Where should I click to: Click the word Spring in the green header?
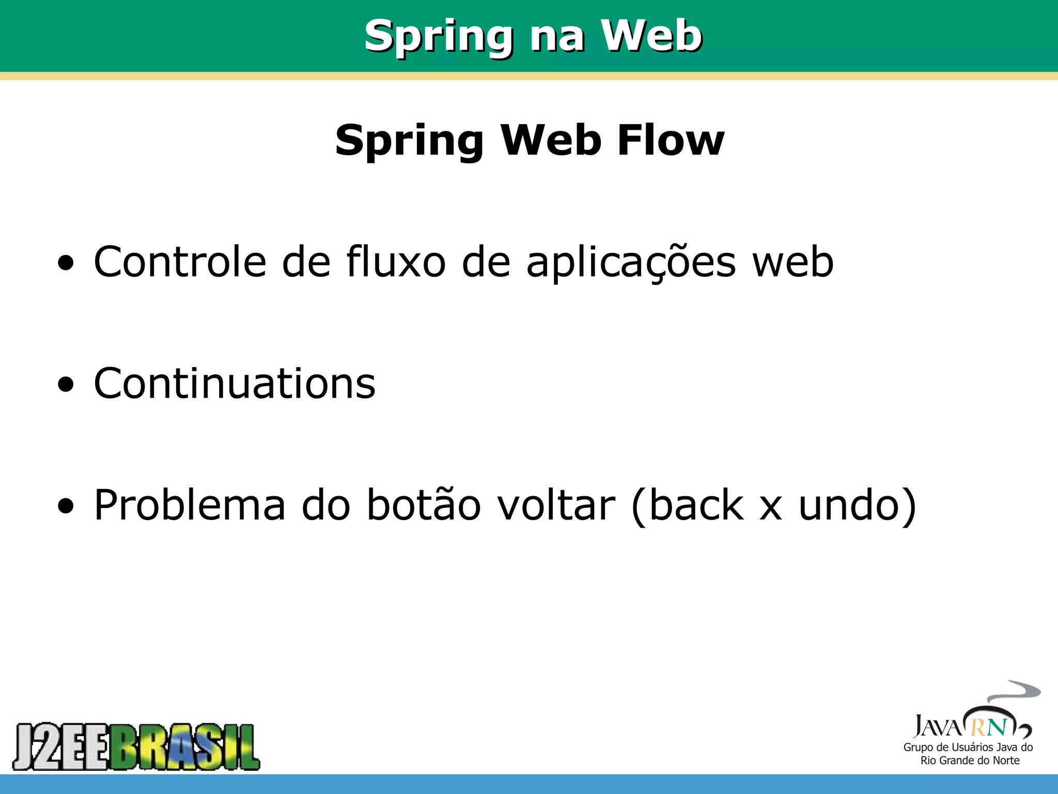439,36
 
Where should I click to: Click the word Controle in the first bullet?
180,262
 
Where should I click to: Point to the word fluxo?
396,262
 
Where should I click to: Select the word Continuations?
235,384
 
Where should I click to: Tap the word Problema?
190,505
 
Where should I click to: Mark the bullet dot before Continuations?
66,385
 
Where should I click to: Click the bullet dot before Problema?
66,507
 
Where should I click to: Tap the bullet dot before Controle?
66,264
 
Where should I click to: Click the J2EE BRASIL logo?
136,746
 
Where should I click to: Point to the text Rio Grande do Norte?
970,760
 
